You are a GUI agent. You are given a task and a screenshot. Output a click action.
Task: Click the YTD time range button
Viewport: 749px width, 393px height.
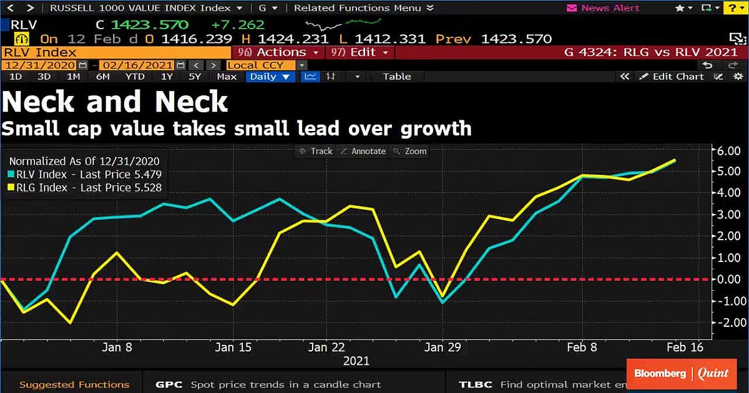point(135,77)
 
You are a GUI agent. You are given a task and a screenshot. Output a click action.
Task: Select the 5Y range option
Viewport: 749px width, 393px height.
point(195,77)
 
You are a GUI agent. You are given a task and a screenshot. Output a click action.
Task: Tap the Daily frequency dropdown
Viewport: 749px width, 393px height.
point(270,77)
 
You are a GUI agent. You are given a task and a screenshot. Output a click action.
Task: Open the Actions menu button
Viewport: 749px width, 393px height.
point(279,52)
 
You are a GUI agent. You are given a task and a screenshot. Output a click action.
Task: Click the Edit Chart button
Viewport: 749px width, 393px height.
point(677,77)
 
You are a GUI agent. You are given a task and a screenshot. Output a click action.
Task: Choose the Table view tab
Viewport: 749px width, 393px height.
point(397,77)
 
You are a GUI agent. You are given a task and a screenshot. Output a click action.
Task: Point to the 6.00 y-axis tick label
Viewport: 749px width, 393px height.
point(728,150)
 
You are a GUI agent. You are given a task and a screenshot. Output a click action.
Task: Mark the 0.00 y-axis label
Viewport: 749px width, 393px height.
point(728,279)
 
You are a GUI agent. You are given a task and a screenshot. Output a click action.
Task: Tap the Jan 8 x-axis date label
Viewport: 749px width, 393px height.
point(116,347)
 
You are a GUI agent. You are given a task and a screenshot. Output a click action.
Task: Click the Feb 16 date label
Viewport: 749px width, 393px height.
point(685,347)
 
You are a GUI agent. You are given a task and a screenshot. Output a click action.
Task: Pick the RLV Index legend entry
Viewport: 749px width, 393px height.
point(85,175)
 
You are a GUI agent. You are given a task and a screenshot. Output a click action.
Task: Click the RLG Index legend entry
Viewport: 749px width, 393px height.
point(85,188)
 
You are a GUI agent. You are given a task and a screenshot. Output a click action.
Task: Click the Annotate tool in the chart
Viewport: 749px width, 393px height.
point(368,151)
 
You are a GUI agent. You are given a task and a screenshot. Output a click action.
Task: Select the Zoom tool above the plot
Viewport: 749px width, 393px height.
point(415,151)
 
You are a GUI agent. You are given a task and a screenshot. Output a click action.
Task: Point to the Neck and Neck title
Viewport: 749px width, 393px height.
point(115,102)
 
